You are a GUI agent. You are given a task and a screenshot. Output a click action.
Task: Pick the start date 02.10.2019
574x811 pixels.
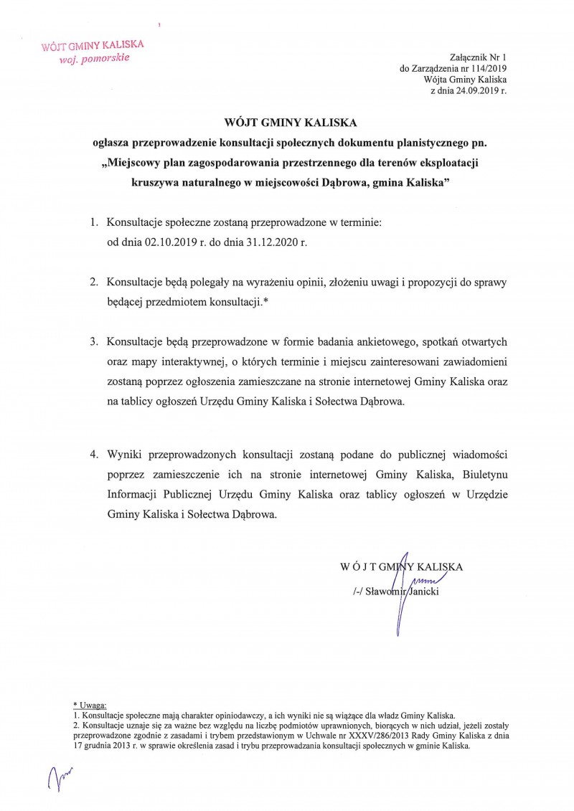169,242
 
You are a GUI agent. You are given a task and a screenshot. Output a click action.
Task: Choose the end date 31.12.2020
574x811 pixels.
268,242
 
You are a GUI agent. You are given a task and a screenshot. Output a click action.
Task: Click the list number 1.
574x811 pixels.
93,224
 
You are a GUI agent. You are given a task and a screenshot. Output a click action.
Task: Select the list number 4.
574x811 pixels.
93,455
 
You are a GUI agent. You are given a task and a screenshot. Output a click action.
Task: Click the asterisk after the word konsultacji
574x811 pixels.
265,301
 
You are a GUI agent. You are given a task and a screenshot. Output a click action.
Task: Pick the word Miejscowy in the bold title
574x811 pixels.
138,163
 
